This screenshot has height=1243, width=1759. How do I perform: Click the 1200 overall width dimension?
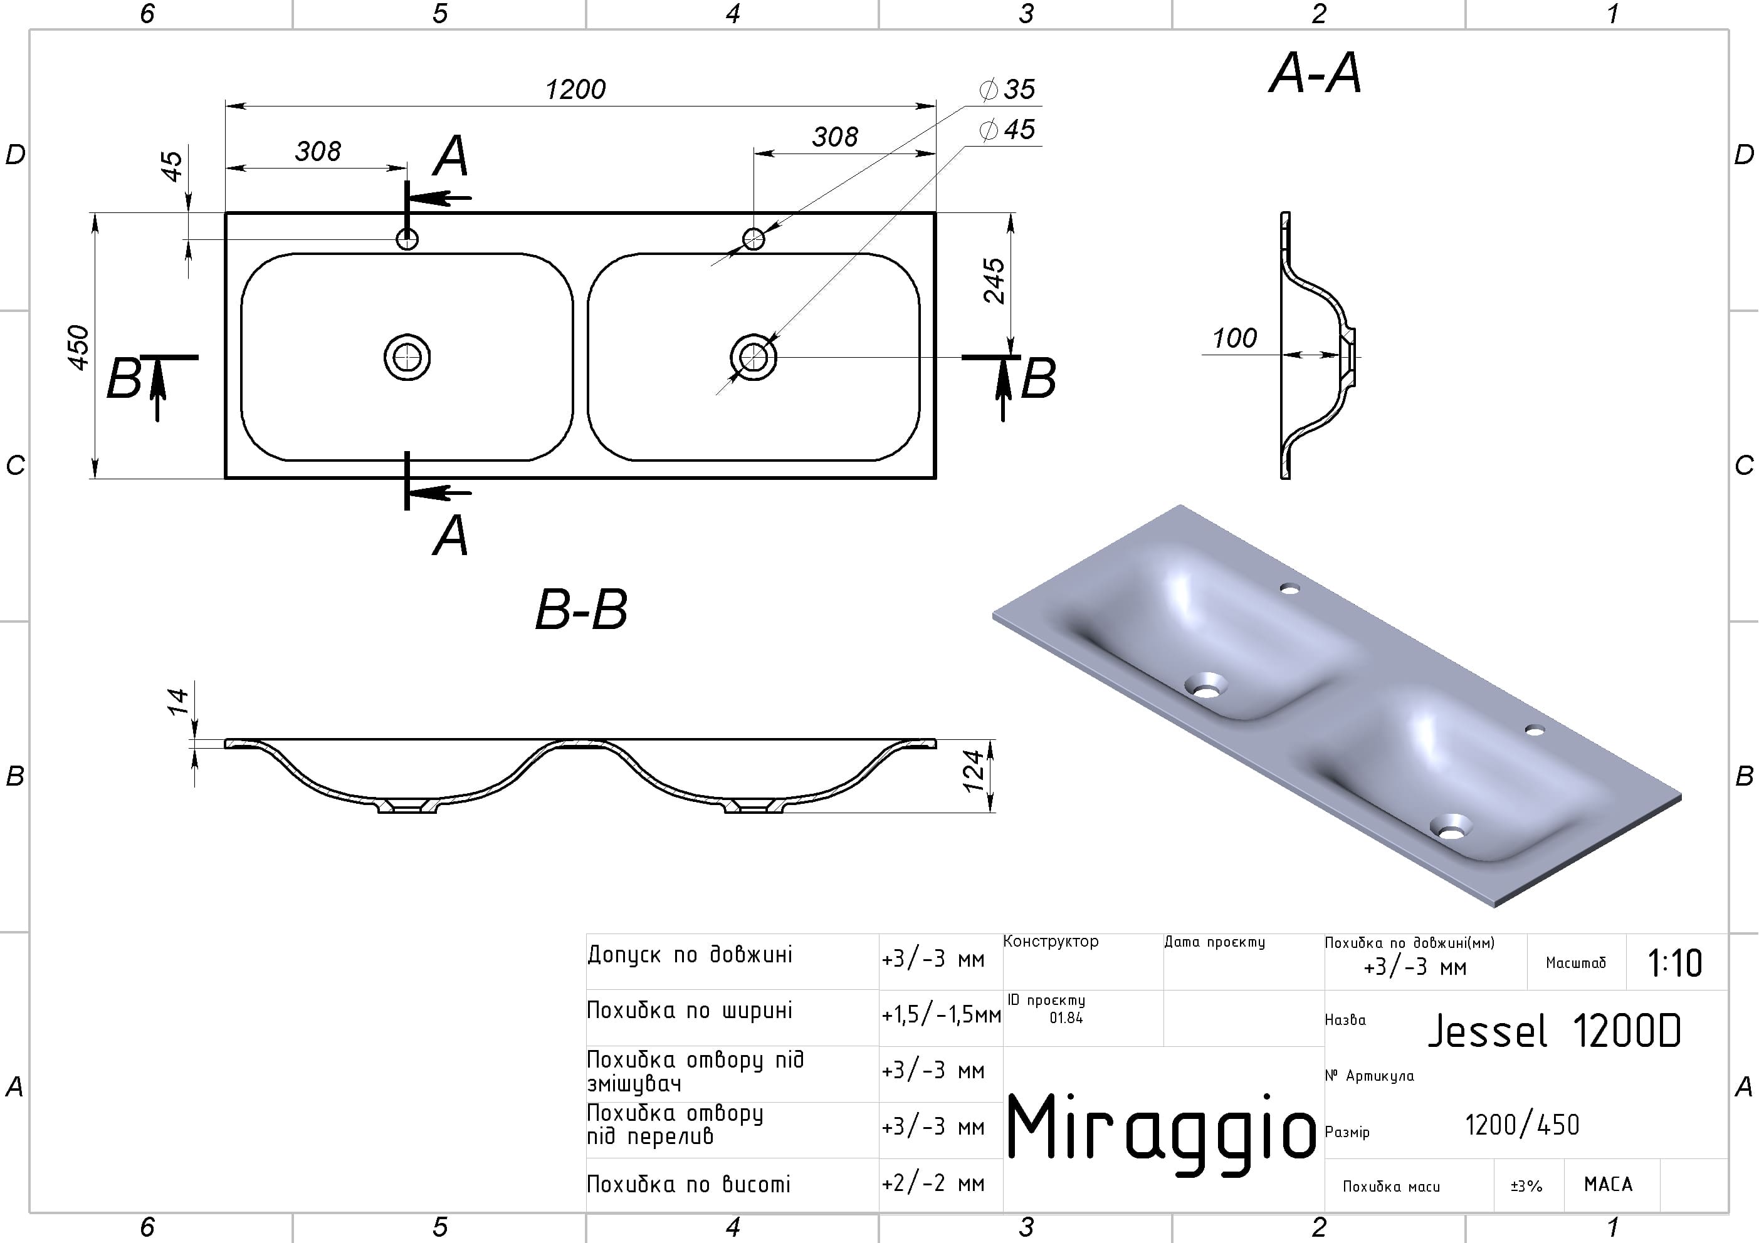click(575, 90)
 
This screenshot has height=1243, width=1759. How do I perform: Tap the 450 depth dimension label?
click(78, 348)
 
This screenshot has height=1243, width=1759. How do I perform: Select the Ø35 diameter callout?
click(1007, 90)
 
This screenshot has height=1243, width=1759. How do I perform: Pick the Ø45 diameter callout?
click(1007, 130)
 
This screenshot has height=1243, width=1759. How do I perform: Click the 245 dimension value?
click(994, 281)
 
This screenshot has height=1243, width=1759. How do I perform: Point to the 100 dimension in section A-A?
click(1234, 338)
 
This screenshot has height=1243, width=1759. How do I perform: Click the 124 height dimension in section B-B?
click(972, 771)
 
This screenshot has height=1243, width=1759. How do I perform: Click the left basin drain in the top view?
click(407, 357)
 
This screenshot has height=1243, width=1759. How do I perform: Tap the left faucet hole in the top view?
click(407, 239)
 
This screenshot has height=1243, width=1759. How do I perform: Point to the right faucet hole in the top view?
click(754, 239)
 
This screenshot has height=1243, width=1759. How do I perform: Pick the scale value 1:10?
click(1676, 964)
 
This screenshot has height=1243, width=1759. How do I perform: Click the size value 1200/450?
click(1522, 1125)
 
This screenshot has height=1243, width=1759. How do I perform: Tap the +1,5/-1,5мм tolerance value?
click(941, 1016)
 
